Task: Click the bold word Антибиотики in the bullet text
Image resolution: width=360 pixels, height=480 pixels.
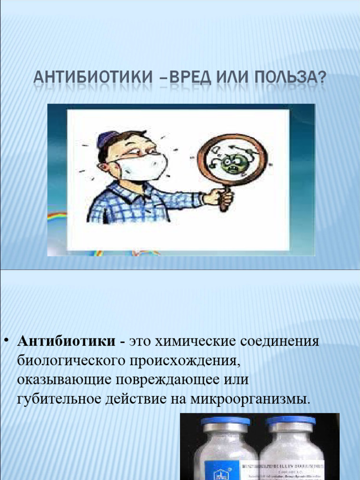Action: (x=66, y=341)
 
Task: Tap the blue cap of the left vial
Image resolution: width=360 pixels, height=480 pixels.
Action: (x=225, y=421)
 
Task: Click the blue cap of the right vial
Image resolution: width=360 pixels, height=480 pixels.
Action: (x=291, y=420)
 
